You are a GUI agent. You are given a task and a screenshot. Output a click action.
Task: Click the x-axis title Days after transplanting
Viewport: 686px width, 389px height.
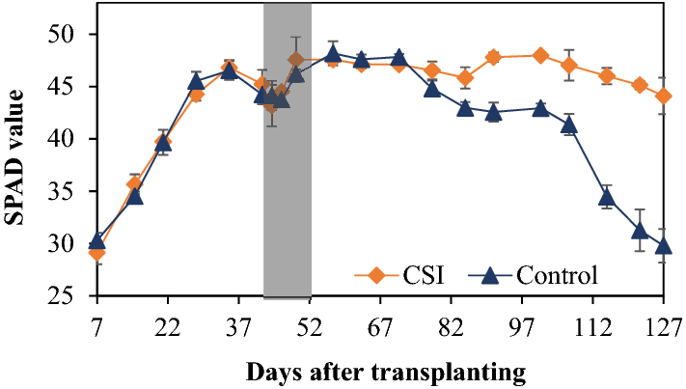[384, 370]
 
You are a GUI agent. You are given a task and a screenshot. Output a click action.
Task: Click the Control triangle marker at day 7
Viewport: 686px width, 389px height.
[96, 240]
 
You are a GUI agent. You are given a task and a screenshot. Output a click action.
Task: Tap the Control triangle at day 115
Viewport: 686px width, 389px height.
[607, 197]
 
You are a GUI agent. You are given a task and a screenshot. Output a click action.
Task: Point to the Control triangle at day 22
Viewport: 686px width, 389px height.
[164, 143]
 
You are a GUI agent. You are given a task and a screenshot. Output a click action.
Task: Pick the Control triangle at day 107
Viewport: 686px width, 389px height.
[568, 125]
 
